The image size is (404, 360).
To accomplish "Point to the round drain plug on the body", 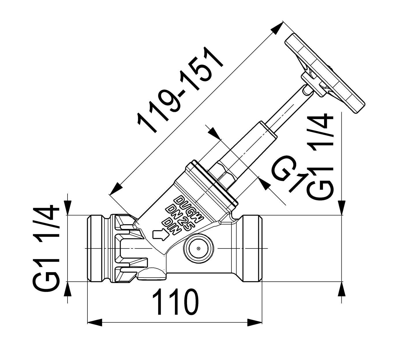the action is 198,248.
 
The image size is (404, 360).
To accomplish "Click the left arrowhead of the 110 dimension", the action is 95,328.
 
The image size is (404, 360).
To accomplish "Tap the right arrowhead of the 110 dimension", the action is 255,328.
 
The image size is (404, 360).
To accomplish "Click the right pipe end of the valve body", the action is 252,248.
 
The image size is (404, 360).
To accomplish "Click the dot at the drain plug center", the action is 198,248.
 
